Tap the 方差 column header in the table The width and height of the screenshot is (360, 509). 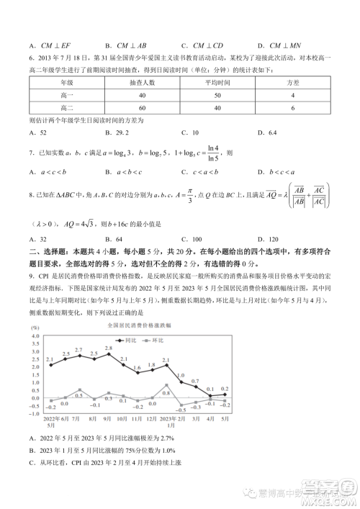pos(292,83)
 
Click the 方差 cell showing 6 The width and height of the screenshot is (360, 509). pos(292,108)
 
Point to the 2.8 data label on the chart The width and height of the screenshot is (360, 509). pos(109,348)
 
